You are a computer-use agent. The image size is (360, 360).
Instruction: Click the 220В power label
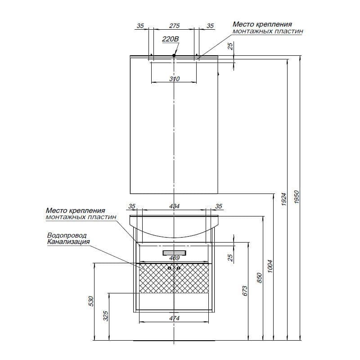pos(171,39)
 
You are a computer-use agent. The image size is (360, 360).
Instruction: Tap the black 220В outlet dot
pos(174,55)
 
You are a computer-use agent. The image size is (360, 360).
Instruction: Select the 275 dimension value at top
pos(174,26)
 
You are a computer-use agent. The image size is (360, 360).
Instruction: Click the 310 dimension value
pos(175,79)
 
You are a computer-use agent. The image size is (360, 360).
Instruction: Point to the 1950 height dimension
pos(297,197)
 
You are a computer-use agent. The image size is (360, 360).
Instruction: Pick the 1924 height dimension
pos(284,199)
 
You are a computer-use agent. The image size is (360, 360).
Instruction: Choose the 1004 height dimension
pos(270,266)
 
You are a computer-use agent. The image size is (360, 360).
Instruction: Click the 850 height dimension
pos(259,278)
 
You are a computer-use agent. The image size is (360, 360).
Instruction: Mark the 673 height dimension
pos(245,291)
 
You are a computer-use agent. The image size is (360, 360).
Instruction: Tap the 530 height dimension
pos(91,301)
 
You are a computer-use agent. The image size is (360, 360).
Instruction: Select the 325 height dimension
pos(105,316)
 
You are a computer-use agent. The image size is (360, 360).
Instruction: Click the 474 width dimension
pos(174,318)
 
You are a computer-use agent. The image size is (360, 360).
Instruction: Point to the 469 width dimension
pos(174,258)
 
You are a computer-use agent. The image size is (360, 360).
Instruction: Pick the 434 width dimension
pos(174,206)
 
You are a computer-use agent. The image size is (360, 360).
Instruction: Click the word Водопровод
pos(67,235)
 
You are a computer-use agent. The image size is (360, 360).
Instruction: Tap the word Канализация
pos(68,242)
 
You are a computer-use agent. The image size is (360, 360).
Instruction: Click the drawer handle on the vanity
pos(174,253)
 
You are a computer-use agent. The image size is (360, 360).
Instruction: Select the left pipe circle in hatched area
pos(170,268)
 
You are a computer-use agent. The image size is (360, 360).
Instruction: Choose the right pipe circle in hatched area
pos(179,268)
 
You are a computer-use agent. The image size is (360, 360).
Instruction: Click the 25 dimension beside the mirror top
pos(230,46)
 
